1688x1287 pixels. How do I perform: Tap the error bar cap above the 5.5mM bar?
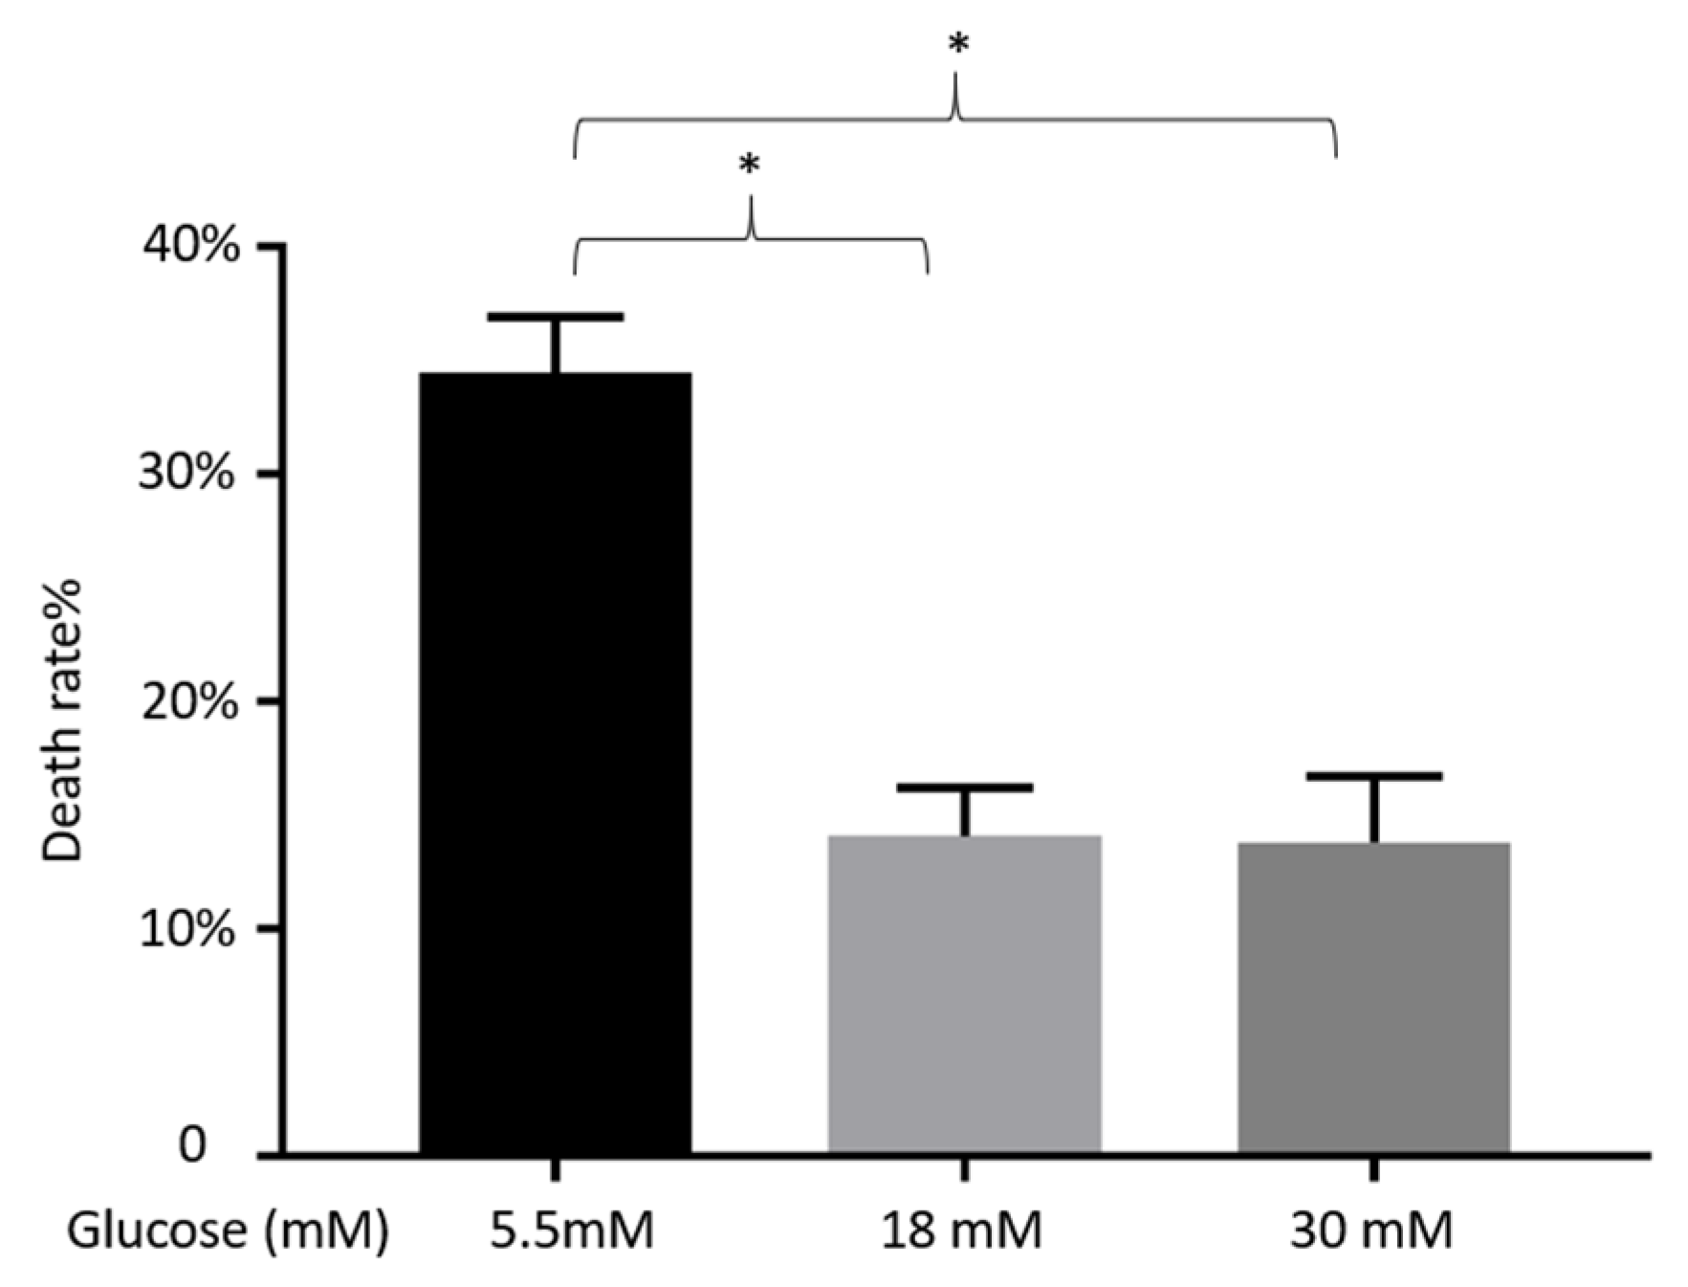[555, 317]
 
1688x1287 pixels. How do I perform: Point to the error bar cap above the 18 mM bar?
[964, 788]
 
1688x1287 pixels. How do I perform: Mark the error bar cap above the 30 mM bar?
[1373, 776]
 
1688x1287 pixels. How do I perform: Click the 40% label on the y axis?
[191, 247]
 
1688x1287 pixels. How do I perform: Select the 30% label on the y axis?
[187, 474]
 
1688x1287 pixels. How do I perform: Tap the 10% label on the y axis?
[187, 928]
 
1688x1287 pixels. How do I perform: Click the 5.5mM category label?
[572, 1231]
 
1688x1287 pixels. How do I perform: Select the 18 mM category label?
[960, 1231]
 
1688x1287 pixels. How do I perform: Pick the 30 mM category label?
[1370, 1231]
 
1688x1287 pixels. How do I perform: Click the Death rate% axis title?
[63, 720]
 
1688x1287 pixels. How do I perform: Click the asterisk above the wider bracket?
[957, 44]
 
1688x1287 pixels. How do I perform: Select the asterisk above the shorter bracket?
[750, 165]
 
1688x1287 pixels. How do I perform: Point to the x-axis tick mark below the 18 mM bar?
[964, 1168]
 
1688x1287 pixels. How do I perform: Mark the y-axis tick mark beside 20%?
[271, 701]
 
